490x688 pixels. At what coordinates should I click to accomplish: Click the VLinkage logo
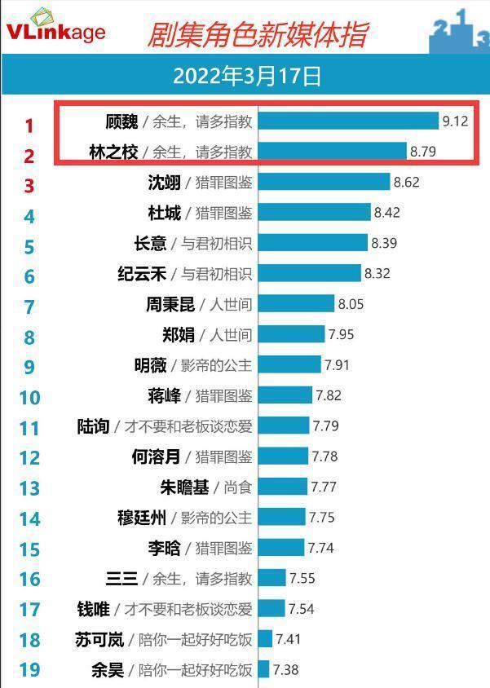coord(55,26)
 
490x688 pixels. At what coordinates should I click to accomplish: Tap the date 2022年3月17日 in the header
coord(247,77)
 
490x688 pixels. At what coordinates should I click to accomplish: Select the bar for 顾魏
coord(348,121)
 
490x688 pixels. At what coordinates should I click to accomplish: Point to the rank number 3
coord(29,186)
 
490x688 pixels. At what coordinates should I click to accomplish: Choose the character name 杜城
coord(164,213)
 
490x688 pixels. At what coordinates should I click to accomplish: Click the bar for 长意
coord(313,243)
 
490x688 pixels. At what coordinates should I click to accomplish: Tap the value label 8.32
coord(377,274)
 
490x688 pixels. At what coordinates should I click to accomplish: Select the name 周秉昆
coord(170,304)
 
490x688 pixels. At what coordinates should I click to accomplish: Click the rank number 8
coord(29,337)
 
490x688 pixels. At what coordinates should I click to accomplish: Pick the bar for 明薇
coord(289,364)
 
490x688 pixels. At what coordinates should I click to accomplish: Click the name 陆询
coord(93,426)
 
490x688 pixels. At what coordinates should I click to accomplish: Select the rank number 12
coord(29,458)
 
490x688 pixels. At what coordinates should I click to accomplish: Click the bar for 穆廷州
coord(282,517)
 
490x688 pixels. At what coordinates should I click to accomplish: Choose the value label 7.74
coord(320,548)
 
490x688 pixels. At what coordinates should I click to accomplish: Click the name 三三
coord(122,579)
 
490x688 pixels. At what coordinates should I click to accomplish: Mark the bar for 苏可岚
coord(266,639)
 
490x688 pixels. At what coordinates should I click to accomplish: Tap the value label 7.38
coord(286,670)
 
